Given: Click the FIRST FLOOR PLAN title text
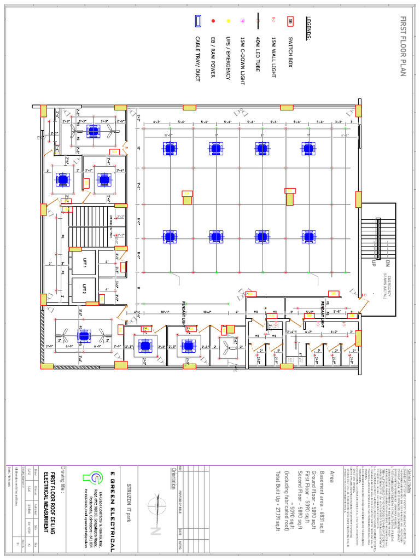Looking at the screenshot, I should coord(403,46).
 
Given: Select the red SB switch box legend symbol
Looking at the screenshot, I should coord(290,22).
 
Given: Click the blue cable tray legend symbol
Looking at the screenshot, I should coord(197,21).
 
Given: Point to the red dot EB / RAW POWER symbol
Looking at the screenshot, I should coord(213,21).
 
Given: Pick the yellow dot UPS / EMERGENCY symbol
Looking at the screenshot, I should coord(228,21).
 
